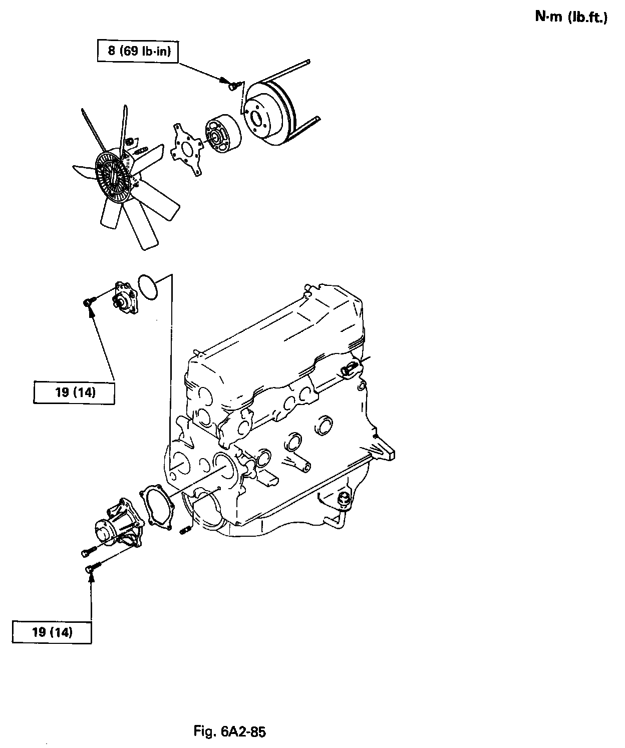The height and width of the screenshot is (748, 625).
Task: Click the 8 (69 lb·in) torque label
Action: click(137, 52)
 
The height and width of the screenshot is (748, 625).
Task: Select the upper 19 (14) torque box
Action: click(74, 392)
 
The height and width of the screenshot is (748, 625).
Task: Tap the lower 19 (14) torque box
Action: click(52, 632)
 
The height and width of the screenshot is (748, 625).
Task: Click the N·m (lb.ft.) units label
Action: click(571, 18)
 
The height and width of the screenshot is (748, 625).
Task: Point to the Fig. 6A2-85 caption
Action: click(230, 731)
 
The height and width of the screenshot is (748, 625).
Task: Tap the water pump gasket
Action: click(159, 507)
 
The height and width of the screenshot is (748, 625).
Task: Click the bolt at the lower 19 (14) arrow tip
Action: click(93, 568)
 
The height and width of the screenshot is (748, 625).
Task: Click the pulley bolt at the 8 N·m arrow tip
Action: click(232, 87)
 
